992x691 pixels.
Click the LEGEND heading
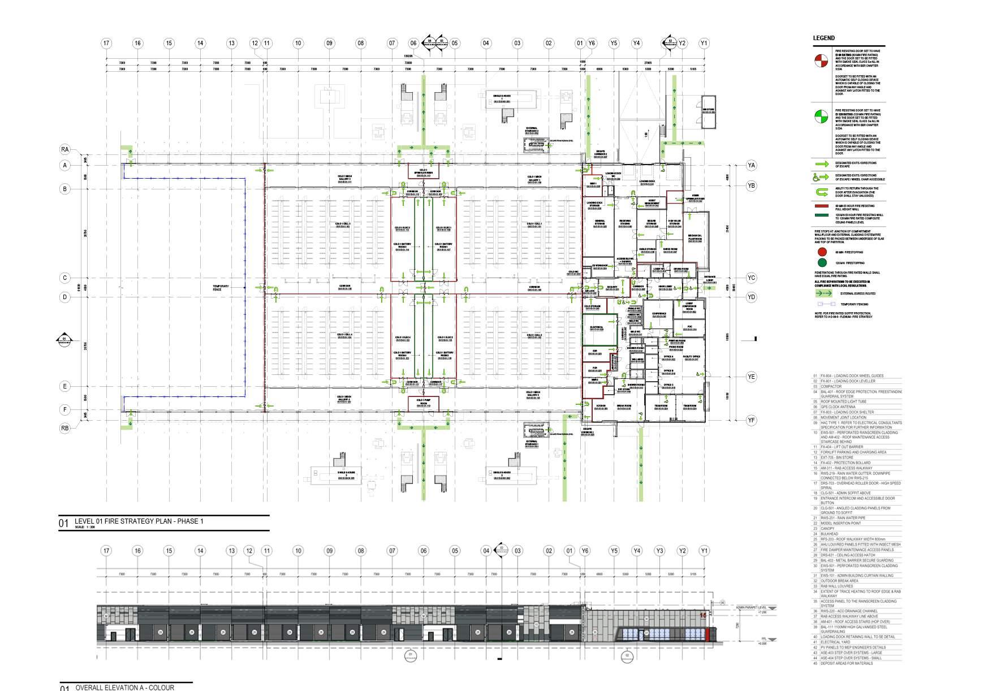pyautogui.click(x=823, y=38)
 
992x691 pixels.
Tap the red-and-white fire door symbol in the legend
pyautogui.click(x=821, y=61)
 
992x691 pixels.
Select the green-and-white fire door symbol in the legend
pyautogui.click(x=821, y=116)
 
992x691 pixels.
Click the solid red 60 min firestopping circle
pyautogui.click(x=822, y=252)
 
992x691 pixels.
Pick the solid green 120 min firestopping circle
pyautogui.click(x=822, y=262)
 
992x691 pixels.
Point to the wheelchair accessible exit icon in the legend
pyautogui.click(x=821, y=177)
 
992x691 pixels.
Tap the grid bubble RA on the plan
pyautogui.click(x=65, y=150)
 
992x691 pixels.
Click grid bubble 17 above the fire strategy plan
pyautogui.click(x=106, y=43)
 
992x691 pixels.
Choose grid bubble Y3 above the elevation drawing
pyautogui.click(x=659, y=551)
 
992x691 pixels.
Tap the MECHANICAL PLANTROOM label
pyautogui.click(x=695, y=237)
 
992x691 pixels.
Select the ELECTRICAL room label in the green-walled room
pyautogui.click(x=597, y=328)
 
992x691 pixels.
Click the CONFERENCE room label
pyautogui.click(x=659, y=315)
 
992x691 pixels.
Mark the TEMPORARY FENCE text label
pyautogui.click(x=221, y=287)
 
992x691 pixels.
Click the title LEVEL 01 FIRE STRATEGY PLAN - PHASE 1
pyautogui.click(x=139, y=521)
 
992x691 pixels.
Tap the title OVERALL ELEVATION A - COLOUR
pyautogui.click(x=124, y=688)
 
